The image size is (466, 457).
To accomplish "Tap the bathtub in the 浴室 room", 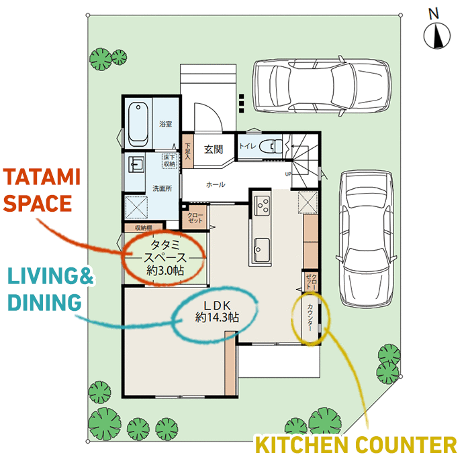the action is [138, 124].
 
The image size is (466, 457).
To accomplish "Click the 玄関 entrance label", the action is [214, 149].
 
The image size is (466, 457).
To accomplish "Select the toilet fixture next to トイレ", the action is [271, 146].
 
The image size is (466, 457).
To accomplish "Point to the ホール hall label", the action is [216, 184].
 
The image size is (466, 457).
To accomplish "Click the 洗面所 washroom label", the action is [162, 188].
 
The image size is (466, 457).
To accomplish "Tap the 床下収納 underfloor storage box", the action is [169, 161].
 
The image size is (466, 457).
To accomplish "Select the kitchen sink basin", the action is [262, 250].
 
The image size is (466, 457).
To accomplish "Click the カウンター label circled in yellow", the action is [310, 318].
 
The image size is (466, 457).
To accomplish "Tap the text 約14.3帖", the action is [217, 318].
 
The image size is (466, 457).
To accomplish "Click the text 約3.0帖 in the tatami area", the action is [165, 271].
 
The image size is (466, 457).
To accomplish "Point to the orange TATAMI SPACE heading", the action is [42, 190].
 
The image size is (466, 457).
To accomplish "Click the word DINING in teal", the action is [44, 302].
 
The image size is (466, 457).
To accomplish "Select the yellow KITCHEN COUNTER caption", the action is [356, 444].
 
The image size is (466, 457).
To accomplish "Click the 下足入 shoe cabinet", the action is [188, 151].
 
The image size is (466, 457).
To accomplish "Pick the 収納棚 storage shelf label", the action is [144, 228].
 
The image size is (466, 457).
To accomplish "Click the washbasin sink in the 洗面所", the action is [136, 164].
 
